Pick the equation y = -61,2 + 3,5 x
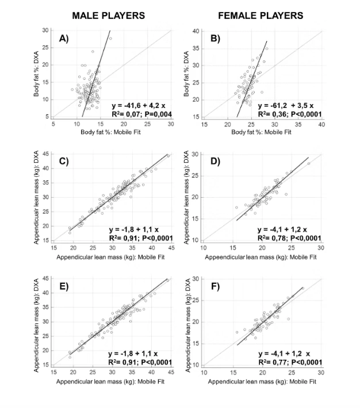[285, 106]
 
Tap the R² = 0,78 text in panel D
[272, 238]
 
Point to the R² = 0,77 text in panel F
[272, 362]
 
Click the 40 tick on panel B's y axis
[196, 31]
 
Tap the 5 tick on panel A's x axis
[53, 124]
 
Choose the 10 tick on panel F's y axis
[196, 365]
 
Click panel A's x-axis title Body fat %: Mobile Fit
[112, 132]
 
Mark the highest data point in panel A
[110, 39]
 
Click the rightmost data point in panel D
[309, 163]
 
